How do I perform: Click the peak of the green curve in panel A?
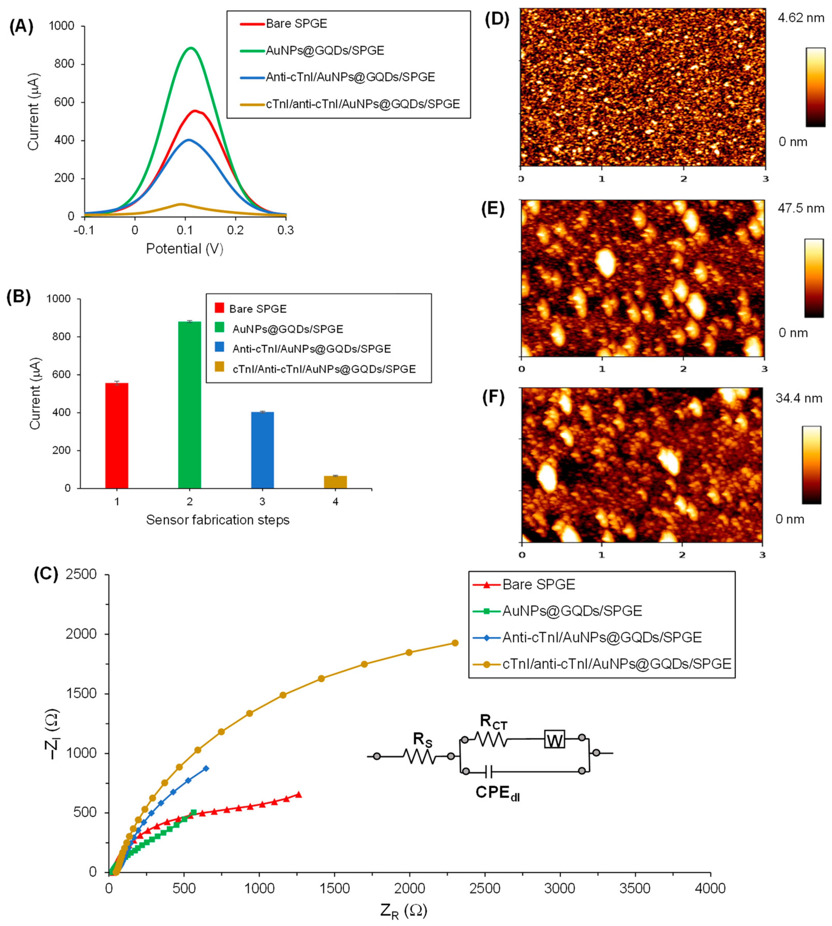pyautogui.click(x=191, y=48)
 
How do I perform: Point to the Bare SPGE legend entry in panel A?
pyautogui.click(x=296, y=24)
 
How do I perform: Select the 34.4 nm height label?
pyautogui.click(x=799, y=399)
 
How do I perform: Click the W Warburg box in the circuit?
pyautogui.click(x=555, y=739)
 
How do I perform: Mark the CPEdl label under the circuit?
pyautogui.click(x=497, y=792)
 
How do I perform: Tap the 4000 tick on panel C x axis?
pyautogui.click(x=710, y=888)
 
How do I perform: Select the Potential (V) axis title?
pyautogui.click(x=184, y=249)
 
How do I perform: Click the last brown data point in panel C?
pyautogui.click(x=455, y=643)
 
